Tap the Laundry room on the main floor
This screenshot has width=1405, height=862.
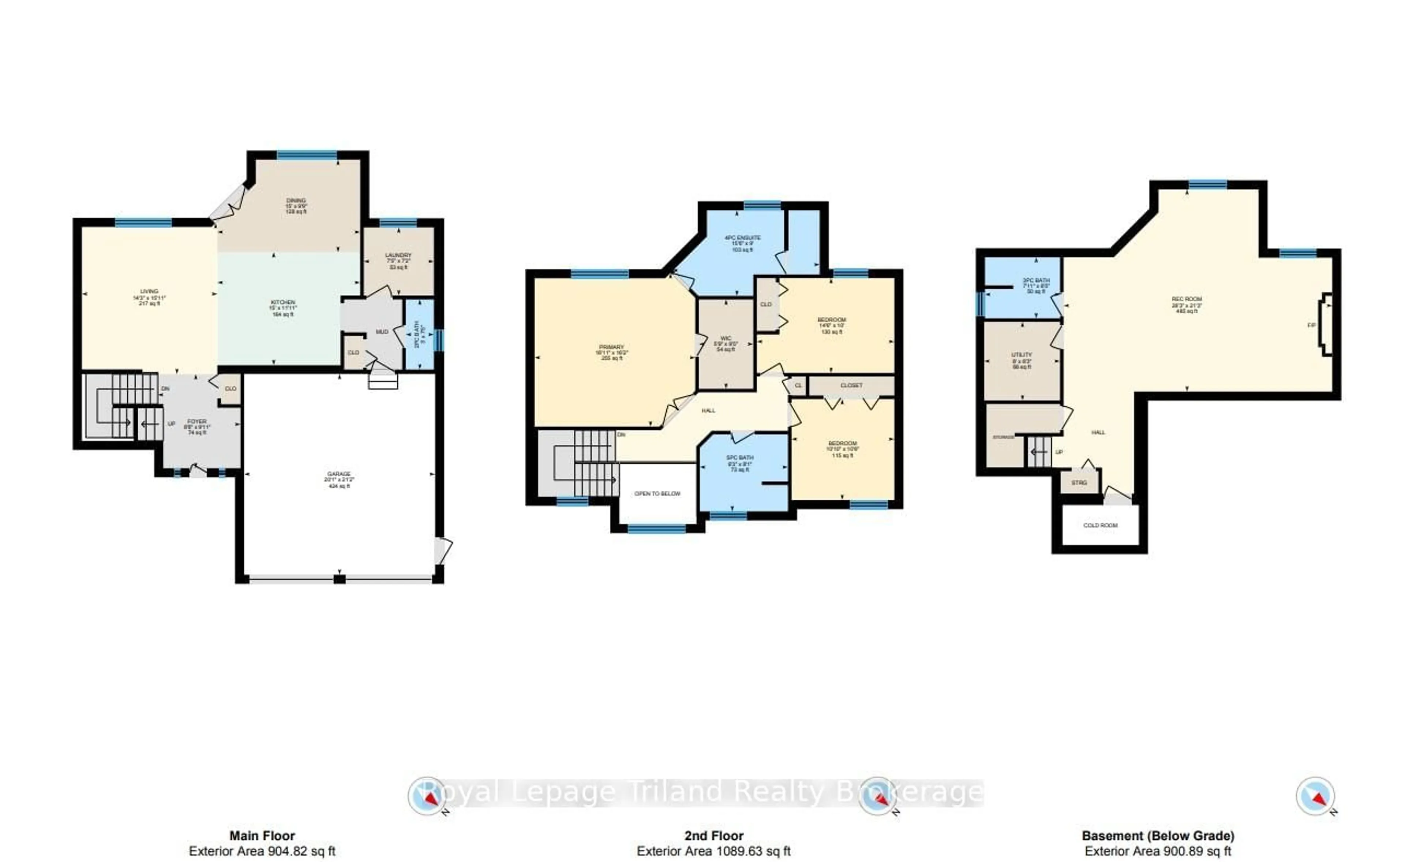pos(398,261)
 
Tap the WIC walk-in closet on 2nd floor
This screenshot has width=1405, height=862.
pos(726,343)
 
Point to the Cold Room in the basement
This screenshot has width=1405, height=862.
pos(1100,525)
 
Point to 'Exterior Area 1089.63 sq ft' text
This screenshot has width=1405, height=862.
pos(713,851)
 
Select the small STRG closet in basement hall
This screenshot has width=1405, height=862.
pos(1079,483)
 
